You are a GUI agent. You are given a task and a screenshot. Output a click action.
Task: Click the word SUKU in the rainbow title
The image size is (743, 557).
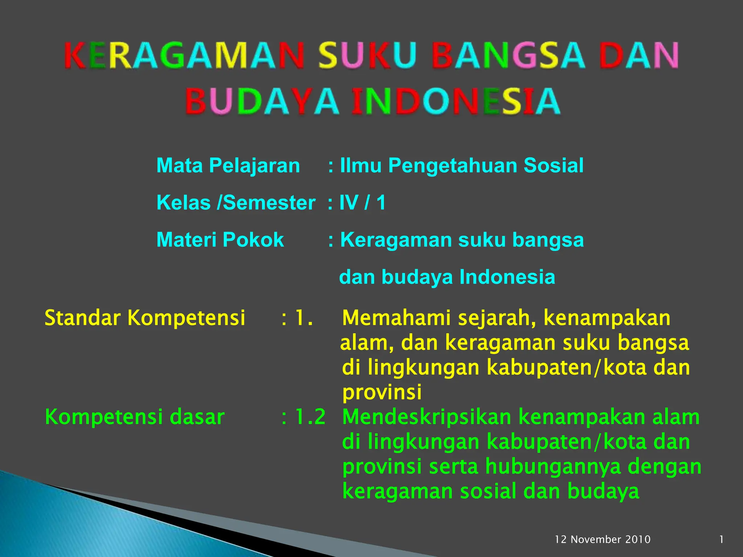pos(367,55)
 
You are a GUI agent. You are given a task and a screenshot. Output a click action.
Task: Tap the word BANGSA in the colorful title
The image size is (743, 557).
pos(508,55)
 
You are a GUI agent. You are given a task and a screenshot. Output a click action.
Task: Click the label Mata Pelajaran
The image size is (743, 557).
pos(228,166)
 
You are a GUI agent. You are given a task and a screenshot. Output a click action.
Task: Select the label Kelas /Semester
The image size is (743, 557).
pos(236,203)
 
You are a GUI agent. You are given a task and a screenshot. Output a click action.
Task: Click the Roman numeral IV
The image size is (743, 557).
pos(349,203)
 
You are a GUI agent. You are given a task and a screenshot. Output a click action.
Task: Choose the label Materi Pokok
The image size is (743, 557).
pos(220,240)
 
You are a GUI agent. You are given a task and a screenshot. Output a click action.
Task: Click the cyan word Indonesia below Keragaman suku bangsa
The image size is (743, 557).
pos(507,277)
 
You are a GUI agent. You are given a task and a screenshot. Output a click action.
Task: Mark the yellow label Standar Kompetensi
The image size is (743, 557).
pos(145,318)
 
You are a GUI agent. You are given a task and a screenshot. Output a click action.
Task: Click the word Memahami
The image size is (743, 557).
pos(397,318)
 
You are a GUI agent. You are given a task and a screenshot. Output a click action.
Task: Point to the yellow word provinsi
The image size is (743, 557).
pos(382,392)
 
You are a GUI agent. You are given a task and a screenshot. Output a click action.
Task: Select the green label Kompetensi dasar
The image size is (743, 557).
pos(135,417)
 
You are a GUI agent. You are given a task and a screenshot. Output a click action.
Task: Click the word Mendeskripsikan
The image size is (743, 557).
pos(427,417)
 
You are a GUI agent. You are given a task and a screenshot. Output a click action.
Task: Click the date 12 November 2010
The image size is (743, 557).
pos(603,540)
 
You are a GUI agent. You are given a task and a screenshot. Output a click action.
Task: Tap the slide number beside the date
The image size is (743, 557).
pos(721,540)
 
